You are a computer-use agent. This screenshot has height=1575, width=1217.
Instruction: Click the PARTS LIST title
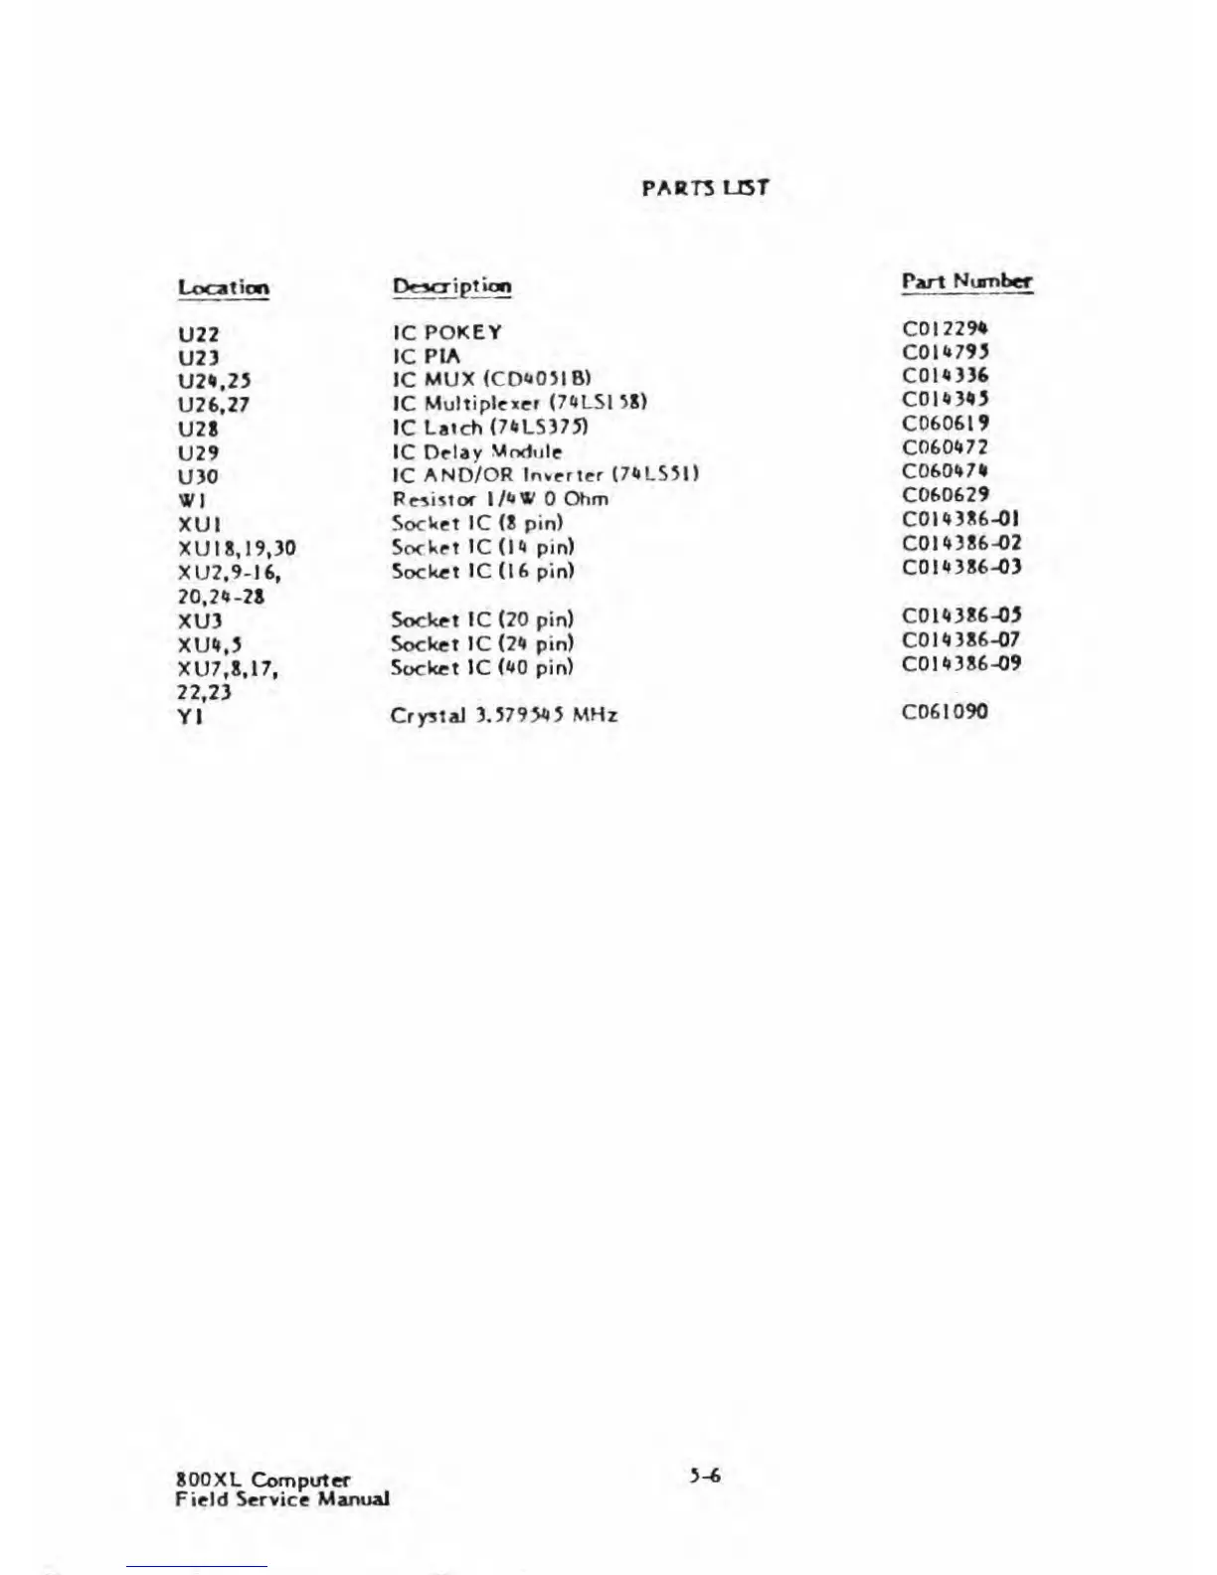tap(705, 187)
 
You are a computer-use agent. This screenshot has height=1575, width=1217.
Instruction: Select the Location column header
tap(224, 288)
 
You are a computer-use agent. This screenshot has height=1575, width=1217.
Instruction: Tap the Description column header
tap(452, 286)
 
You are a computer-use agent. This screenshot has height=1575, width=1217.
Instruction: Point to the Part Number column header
tap(966, 281)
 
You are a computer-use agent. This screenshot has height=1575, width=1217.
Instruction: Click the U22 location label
tap(199, 335)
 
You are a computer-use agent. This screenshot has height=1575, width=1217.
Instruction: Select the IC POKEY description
tap(447, 332)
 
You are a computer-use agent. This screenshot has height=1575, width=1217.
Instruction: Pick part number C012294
tap(946, 328)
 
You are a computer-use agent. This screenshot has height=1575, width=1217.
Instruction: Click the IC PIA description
tap(428, 356)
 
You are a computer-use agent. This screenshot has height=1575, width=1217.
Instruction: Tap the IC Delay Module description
tap(477, 451)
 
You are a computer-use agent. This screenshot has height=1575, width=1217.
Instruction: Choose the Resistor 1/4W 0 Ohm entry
tap(500, 499)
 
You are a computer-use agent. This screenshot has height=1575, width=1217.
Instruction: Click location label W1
tap(192, 501)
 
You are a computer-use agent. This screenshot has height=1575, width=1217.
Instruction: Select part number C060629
tap(946, 495)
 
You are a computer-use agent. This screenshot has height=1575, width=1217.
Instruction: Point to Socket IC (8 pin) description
tap(478, 523)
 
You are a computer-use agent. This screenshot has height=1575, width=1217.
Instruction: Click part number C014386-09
tap(961, 663)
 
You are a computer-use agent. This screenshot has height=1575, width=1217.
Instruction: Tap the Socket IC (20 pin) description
tap(482, 619)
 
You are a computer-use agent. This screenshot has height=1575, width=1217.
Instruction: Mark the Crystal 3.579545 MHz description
tap(504, 715)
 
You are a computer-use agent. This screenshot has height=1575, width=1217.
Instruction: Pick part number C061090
tap(946, 712)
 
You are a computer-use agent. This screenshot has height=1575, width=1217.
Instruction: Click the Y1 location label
tap(191, 716)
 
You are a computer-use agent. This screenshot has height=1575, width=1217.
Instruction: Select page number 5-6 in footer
tap(705, 1476)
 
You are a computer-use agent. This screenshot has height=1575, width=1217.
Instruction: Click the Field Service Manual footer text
tap(282, 1499)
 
